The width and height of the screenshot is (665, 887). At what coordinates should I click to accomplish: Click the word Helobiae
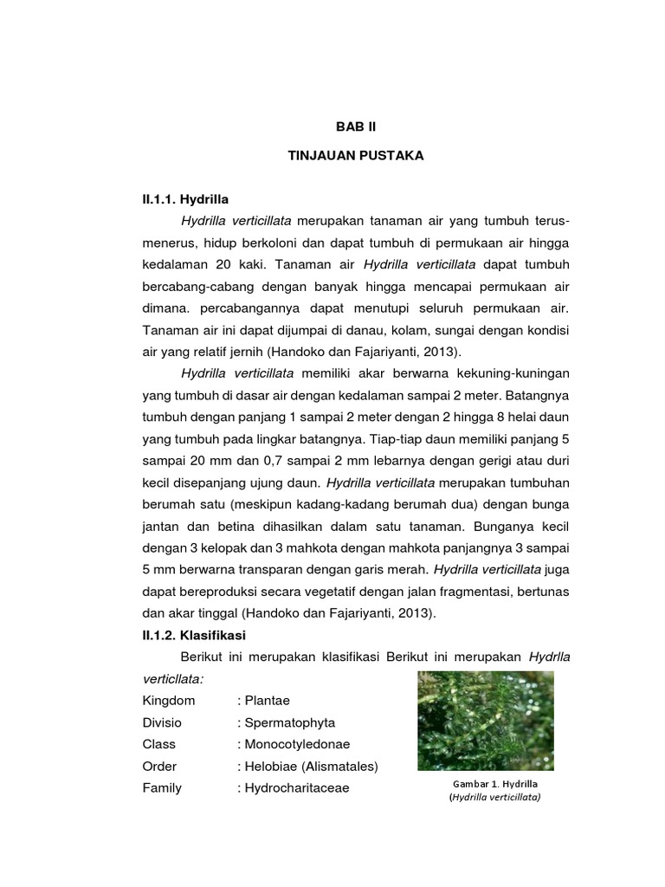(x=270, y=766)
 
